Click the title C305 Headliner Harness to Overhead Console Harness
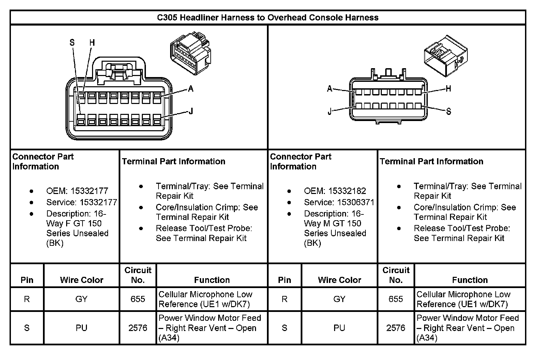(x=268, y=17)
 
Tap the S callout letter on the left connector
(x=72, y=43)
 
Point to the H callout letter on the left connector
(x=92, y=43)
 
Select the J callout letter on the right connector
(x=329, y=112)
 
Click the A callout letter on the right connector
(x=329, y=89)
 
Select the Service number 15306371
(x=356, y=202)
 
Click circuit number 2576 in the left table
(x=138, y=328)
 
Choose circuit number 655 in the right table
(x=395, y=299)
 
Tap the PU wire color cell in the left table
(x=81, y=328)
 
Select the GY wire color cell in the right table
(x=339, y=299)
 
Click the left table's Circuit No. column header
(x=138, y=275)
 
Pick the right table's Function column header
(x=470, y=280)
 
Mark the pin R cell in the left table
(x=27, y=299)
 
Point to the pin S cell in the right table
(x=285, y=328)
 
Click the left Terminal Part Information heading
(x=174, y=161)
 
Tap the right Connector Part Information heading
(x=300, y=161)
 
